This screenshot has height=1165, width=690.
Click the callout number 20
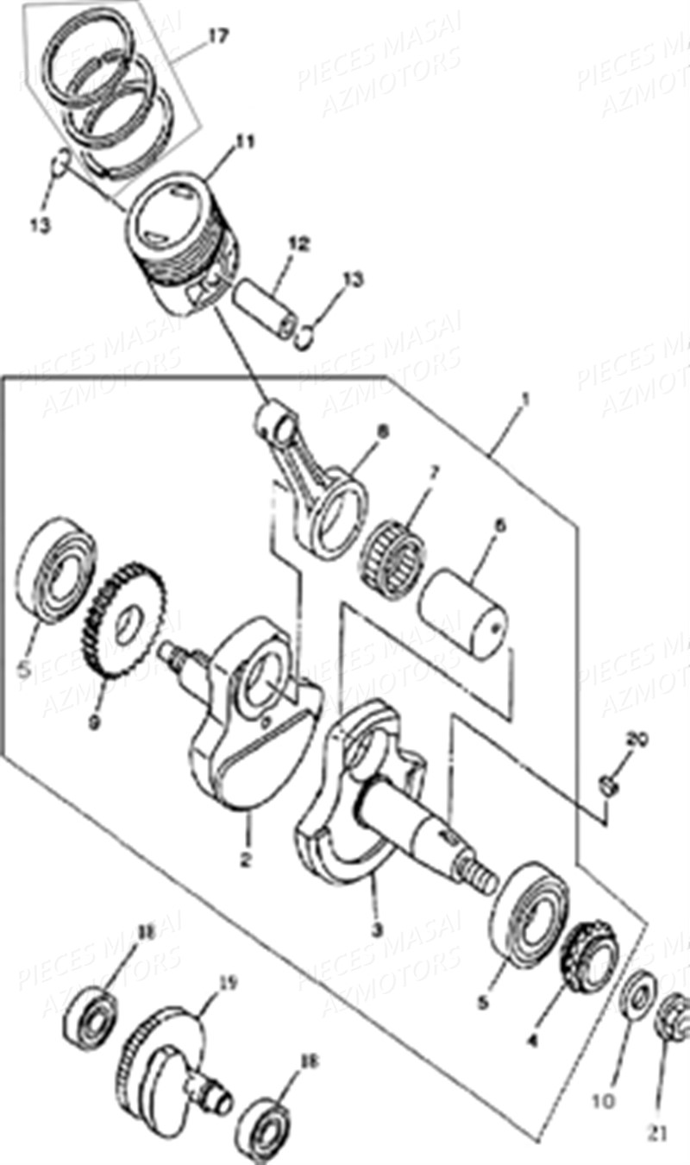(x=637, y=740)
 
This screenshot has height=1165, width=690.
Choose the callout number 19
(x=227, y=983)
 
